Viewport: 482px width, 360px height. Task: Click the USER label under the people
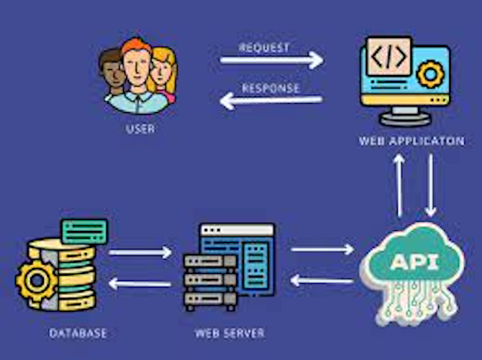pos(140,129)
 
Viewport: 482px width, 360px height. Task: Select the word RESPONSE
pos(270,88)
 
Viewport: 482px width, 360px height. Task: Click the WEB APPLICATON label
pos(411,141)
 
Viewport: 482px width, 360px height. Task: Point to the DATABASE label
pos(77,333)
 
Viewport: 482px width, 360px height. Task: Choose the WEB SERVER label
pos(228,333)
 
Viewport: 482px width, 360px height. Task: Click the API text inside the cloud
pos(413,261)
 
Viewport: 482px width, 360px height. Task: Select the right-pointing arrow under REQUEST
pos(271,59)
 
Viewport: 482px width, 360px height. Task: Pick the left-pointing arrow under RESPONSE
pos(271,102)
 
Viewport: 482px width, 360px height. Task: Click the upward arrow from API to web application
pos(399,186)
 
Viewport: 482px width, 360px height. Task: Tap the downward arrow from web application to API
pos(431,186)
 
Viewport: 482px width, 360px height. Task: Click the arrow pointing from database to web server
pos(140,252)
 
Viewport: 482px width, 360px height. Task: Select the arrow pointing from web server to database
pos(140,283)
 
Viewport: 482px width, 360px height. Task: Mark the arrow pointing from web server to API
pos(322,249)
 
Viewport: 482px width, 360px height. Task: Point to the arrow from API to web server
pos(322,280)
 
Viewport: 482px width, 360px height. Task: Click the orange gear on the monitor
pos(431,75)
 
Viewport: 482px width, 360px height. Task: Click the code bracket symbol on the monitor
pos(387,58)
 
